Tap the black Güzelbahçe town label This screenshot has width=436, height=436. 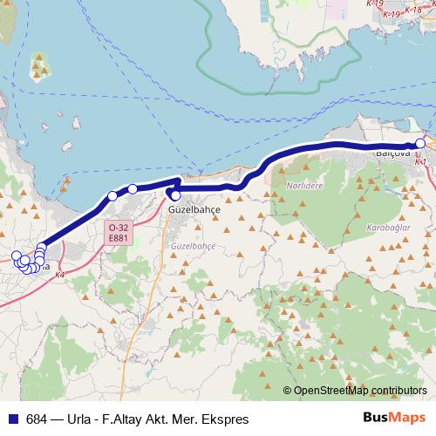coord(195,211)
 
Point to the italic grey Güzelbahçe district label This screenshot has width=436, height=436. coord(194,247)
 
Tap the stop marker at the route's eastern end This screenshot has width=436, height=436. coord(420,144)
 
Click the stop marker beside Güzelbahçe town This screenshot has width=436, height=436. coord(175,195)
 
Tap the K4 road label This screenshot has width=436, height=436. coord(59,276)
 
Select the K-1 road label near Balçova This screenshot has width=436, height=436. coord(421,162)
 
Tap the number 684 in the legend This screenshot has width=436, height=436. coord(37,419)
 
